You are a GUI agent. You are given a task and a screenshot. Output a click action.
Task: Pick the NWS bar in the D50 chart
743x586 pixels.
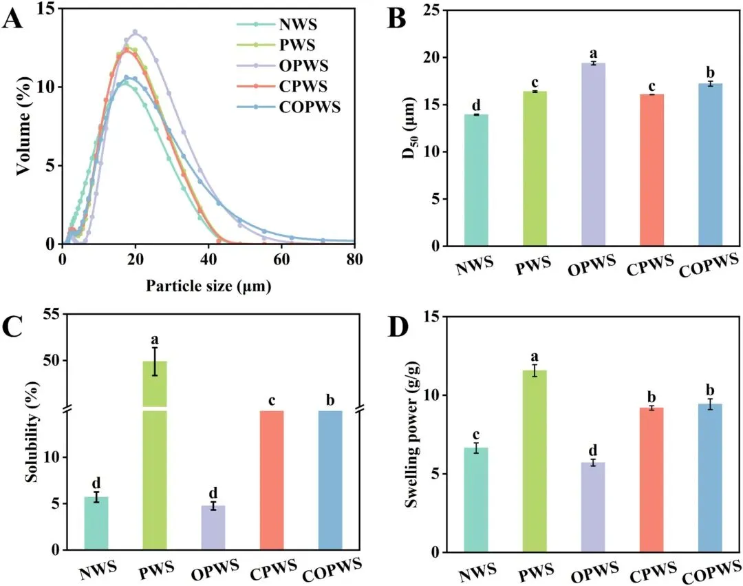pos(476,180)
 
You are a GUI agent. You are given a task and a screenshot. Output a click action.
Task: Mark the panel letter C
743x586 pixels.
pos(14,326)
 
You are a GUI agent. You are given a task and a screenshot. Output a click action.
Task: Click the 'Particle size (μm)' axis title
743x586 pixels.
pos(207,284)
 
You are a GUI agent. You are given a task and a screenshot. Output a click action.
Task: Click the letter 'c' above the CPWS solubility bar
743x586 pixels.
pos(272,399)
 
